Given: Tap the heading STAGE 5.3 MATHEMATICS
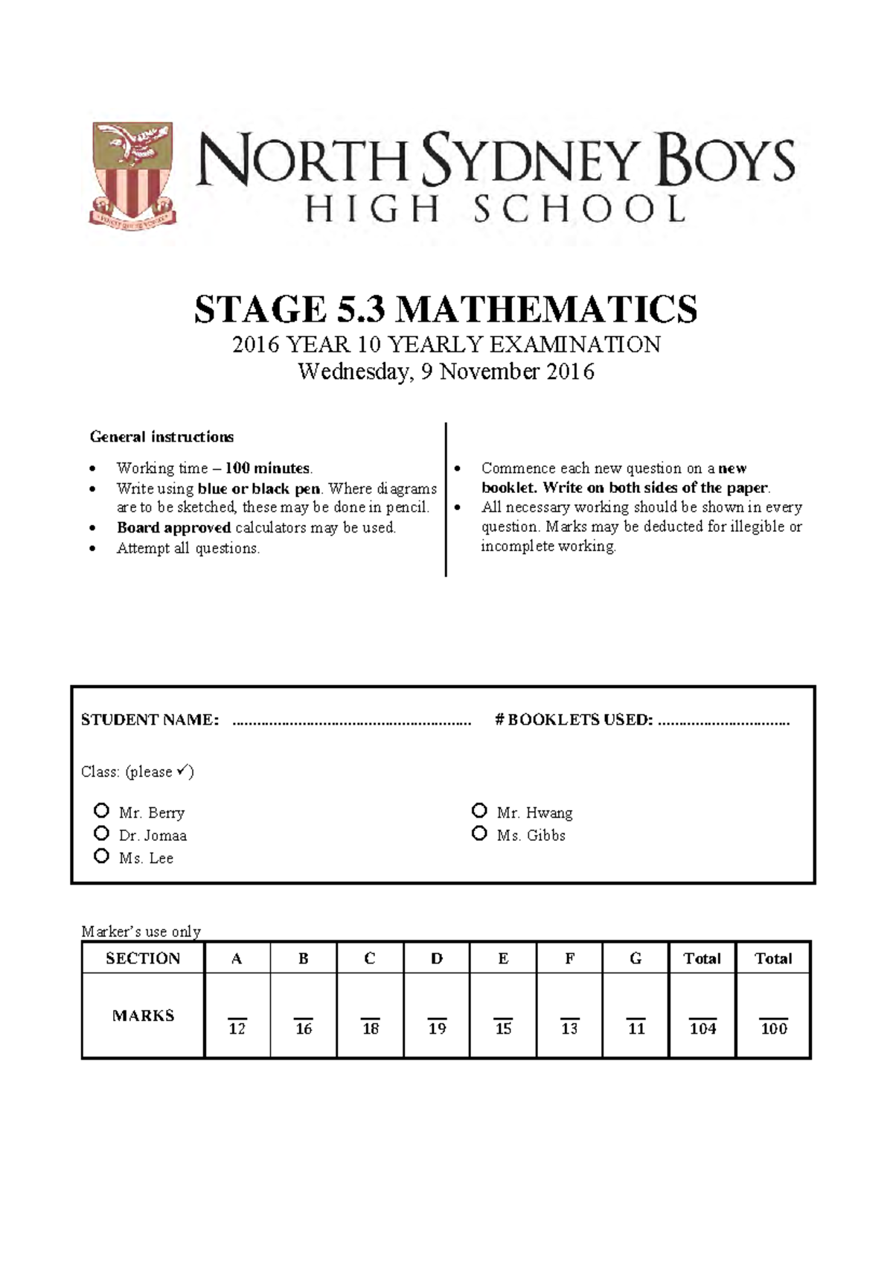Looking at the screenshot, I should point(446,309).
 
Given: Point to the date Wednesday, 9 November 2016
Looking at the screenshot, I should point(446,371).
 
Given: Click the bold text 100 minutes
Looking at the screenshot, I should point(267,468).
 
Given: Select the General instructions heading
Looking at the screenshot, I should point(161,436).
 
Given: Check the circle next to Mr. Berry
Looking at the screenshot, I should point(102,810).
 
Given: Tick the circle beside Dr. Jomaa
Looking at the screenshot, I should point(102,833).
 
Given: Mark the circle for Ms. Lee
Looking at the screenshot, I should point(102,856).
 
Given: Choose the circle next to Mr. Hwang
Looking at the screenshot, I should point(479,810).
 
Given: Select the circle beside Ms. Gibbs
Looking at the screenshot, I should point(479,833).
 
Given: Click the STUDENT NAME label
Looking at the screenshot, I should point(150,720).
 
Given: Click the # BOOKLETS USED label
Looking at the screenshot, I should point(574,720).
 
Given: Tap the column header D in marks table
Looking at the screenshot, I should point(437,958).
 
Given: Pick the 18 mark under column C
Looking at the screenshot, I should point(370,1028).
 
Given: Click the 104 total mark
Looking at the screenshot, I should point(702,1028).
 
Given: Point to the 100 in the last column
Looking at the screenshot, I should point(773,1028).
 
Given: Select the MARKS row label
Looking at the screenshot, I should point(143,1016).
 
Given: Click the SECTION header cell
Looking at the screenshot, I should point(143,958).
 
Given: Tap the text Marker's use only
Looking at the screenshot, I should point(141,932).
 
